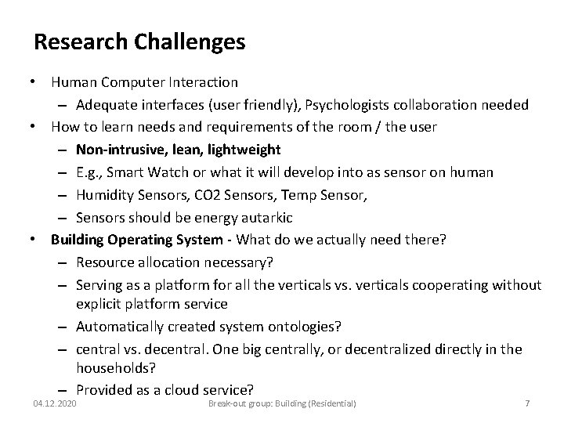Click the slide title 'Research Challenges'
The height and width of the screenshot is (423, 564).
point(139,42)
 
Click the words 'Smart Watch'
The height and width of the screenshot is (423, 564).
point(140,172)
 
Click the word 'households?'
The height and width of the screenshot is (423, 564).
point(115,366)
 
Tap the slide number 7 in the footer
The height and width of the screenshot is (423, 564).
point(527,403)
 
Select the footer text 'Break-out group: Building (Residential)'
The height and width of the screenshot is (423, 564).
point(281,403)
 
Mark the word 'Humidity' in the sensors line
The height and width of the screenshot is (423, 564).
point(105,194)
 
